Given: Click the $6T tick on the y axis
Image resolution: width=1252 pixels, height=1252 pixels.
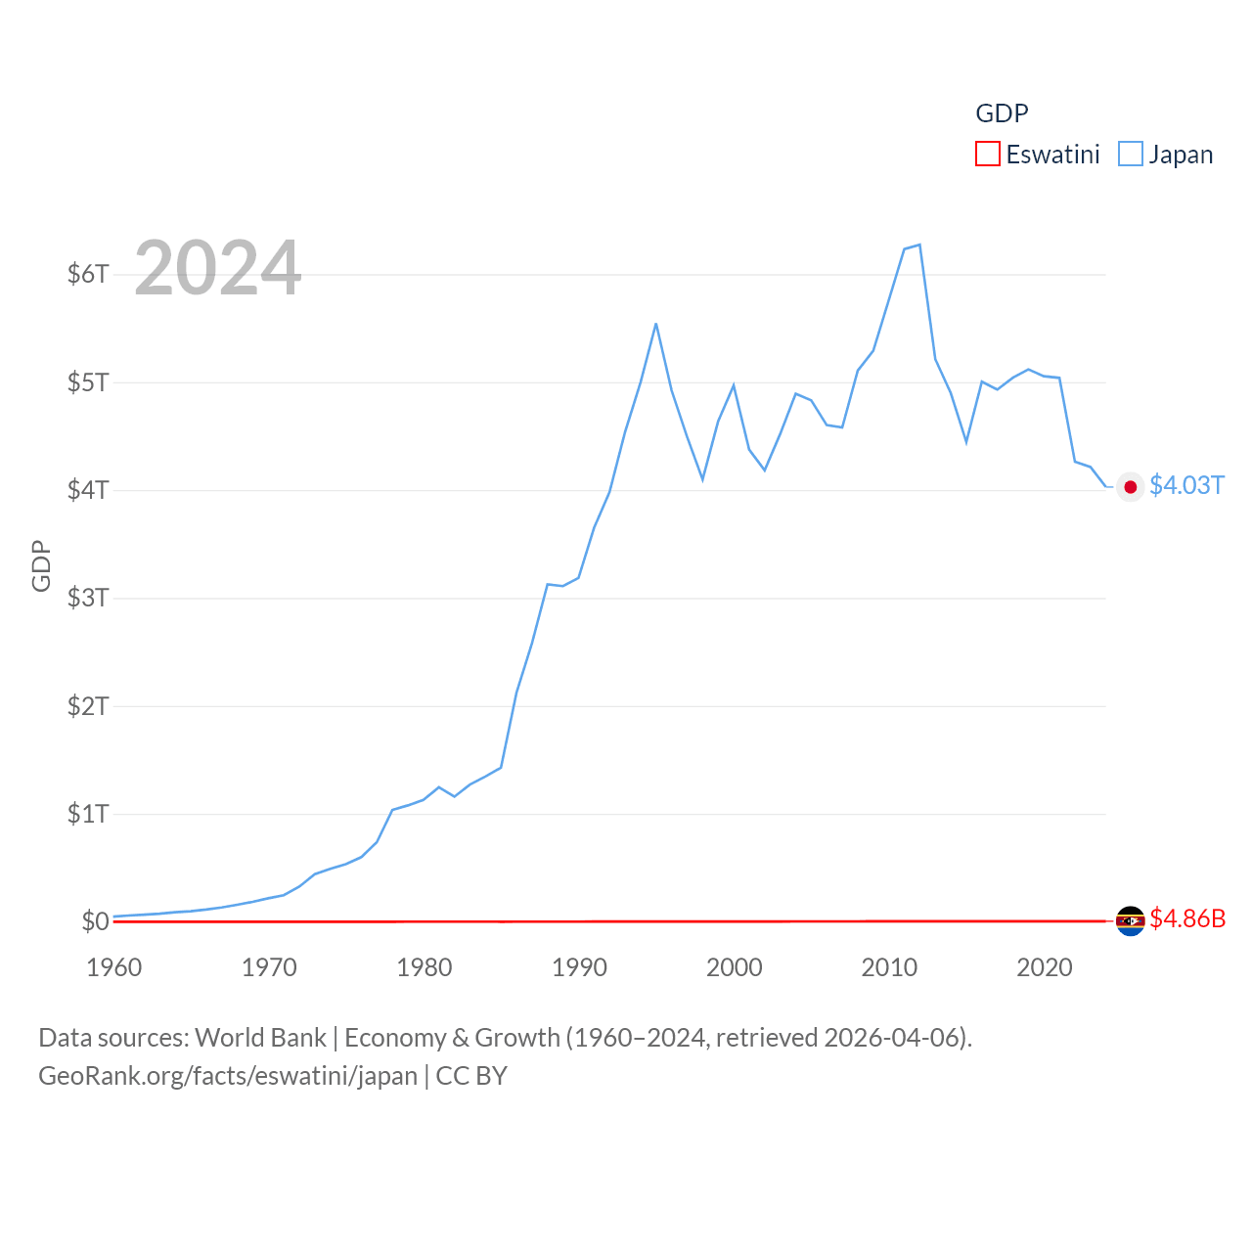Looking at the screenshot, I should (88, 274).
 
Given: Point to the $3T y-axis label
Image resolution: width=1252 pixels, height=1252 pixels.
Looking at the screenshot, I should (88, 598).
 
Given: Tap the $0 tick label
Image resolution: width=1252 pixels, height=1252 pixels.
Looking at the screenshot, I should (95, 921).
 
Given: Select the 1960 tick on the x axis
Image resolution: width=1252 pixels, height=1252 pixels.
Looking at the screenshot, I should (114, 967).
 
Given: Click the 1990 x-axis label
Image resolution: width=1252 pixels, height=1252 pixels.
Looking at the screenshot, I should (579, 967).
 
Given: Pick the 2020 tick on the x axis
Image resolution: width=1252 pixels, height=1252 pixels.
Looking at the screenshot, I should (1045, 967).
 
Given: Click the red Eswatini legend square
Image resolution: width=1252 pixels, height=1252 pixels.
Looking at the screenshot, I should (988, 155).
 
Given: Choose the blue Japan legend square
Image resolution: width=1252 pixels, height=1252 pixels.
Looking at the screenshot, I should (1131, 155).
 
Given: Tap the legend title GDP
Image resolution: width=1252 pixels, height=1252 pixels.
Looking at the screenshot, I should (1002, 113).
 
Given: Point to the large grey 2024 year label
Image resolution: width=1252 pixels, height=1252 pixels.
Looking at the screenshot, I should (217, 268).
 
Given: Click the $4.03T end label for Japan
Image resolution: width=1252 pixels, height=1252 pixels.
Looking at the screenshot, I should (1186, 485).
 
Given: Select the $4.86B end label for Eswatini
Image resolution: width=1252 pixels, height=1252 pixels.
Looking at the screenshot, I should (1187, 918).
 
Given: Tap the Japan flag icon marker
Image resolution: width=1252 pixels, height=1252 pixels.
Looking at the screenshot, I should (1131, 487).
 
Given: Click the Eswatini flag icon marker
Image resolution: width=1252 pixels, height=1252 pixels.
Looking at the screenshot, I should (1131, 920).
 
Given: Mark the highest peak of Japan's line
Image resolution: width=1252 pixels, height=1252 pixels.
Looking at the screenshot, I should (919, 245).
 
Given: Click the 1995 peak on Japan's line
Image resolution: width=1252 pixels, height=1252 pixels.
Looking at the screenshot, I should (655, 324).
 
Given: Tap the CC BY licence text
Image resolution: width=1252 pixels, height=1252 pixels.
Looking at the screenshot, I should (471, 1076).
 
